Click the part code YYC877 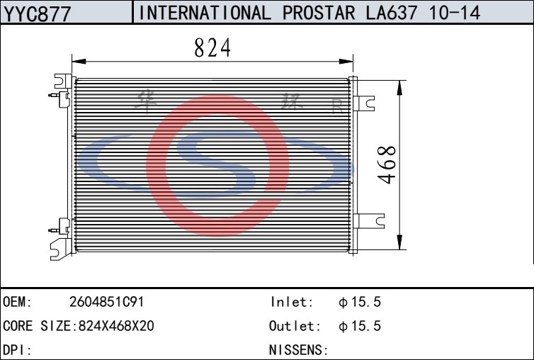point(37,13)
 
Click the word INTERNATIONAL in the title point(205,13)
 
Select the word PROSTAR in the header point(319,13)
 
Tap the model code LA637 point(392,13)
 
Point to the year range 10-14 point(455,13)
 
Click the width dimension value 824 point(212,47)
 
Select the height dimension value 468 point(387,165)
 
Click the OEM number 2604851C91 point(107,302)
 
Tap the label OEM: point(17,302)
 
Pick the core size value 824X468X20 point(116,326)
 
